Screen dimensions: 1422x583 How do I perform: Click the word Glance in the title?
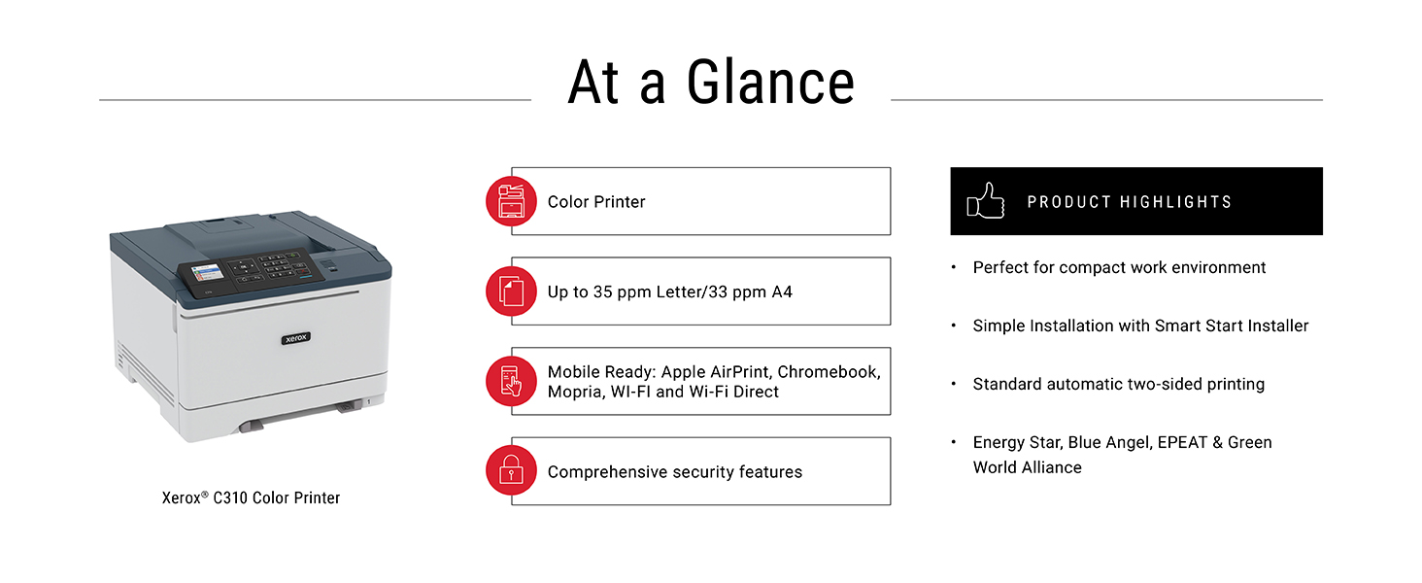770,83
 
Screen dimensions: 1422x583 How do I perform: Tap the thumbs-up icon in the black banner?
985,201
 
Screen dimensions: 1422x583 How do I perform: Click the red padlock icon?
511,470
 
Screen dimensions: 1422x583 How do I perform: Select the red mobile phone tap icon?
511,381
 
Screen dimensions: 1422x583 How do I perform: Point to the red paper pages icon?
511,291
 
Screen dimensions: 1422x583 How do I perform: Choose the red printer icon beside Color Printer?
511,201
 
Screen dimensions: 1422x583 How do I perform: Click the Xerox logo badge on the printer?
296,338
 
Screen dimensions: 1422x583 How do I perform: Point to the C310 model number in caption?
230,497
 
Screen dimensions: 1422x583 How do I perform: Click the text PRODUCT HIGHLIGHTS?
1130,202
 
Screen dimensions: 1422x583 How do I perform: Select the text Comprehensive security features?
675,472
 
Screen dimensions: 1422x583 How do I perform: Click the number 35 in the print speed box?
602,292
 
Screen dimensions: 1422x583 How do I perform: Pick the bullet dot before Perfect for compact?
954,267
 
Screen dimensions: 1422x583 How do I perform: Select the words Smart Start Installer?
1232,326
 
